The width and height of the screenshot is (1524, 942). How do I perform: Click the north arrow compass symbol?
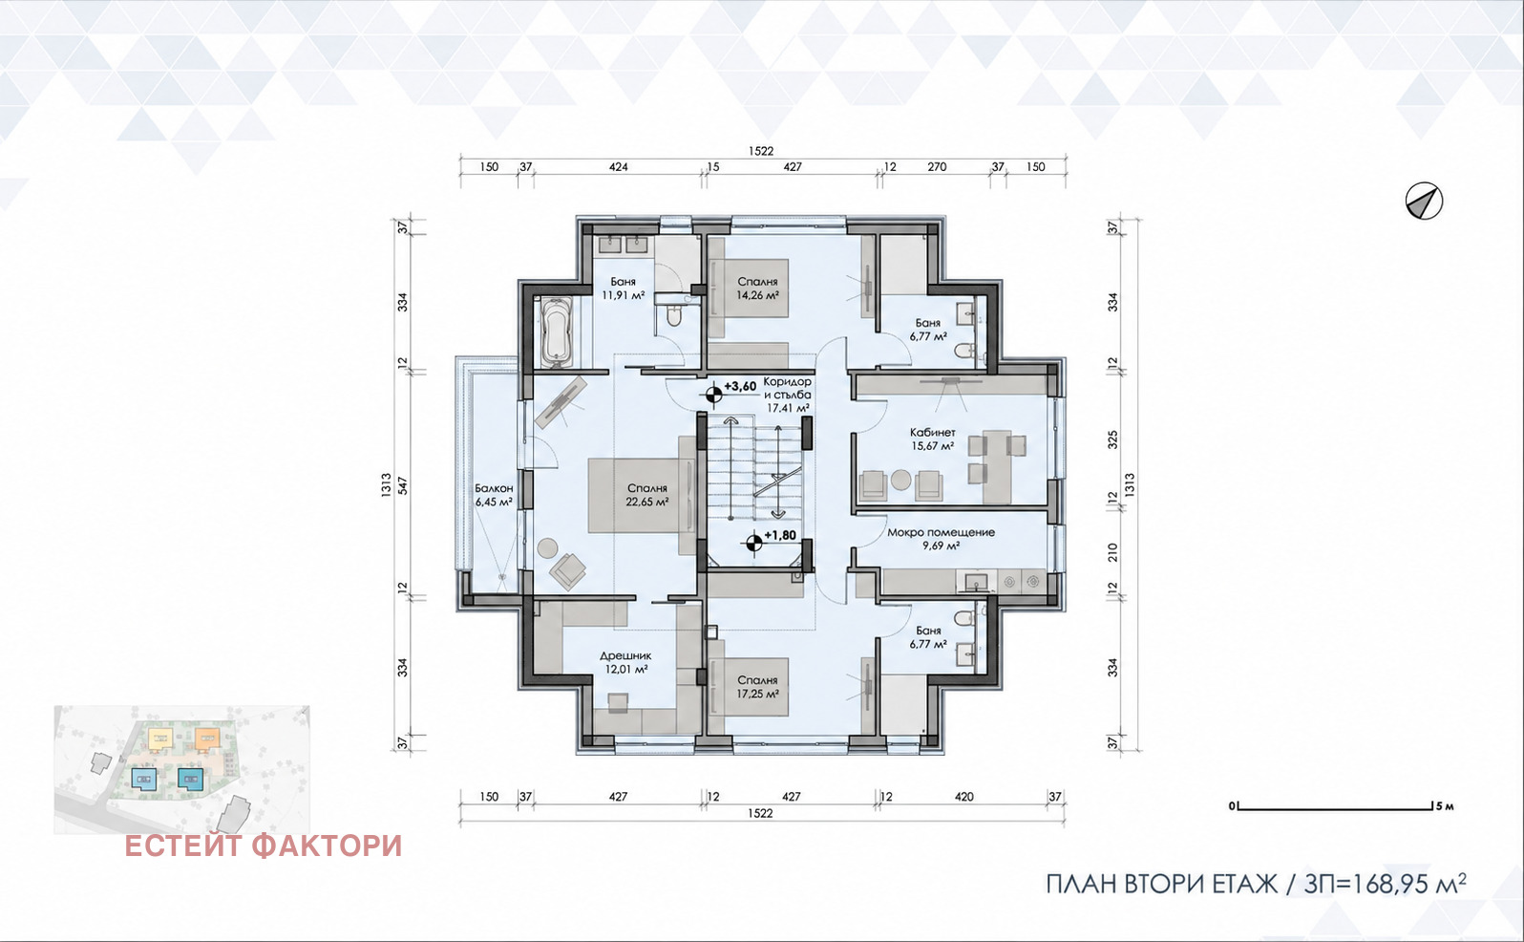click(x=1424, y=202)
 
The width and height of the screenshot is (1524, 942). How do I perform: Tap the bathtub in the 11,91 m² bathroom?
click(x=557, y=332)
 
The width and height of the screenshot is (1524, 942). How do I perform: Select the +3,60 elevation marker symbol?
click(x=713, y=394)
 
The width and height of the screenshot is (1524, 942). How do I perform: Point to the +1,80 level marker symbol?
click(x=753, y=544)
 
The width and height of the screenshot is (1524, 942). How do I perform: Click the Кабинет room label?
click(x=933, y=432)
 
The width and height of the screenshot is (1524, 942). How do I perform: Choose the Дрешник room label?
click(x=625, y=656)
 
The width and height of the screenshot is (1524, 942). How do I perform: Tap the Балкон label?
click(x=494, y=488)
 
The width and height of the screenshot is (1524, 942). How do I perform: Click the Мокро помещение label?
click(x=941, y=532)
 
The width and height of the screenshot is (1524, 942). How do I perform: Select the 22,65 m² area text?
click(x=647, y=503)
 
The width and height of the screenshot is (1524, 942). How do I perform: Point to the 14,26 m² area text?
click(x=757, y=295)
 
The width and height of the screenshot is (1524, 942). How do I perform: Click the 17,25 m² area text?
click(x=757, y=695)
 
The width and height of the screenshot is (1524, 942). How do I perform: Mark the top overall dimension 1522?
click(x=761, y=151)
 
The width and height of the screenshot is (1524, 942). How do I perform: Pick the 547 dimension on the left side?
click(x=403, y=485)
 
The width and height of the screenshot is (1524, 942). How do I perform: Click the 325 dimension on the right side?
click(x=1113, y=439)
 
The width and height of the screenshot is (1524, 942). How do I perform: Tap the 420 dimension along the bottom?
click(x=964, y=797)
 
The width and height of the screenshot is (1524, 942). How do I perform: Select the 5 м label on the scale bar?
click(x=1445, y=806)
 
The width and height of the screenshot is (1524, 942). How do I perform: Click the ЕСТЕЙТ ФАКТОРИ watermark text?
click(x=264, y=846)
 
